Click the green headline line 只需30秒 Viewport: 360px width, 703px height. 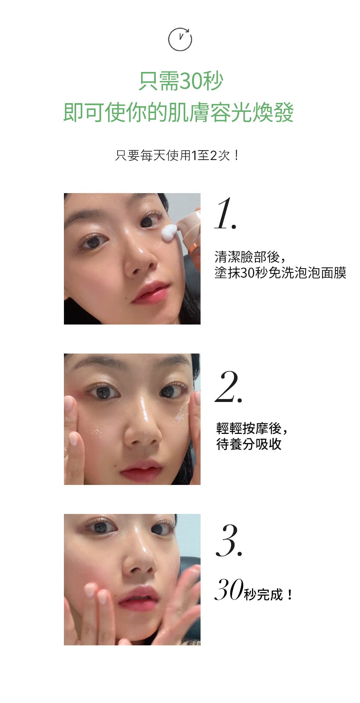click(x=181, y=81)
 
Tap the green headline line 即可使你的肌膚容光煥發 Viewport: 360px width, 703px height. click(x=179, y=112)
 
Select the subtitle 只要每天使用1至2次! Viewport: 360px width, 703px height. click(x=177, y=155)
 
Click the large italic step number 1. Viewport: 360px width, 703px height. click(x=225, y=214)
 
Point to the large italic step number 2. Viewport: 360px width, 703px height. click(x=228, y=387)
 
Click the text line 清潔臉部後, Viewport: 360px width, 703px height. click(x=250, y=257)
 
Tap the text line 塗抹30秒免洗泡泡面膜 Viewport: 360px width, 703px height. click(x=280, y=273)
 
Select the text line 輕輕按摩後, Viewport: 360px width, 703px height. click(x=252, y=428)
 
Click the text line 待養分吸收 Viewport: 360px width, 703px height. click(x=249, y=444)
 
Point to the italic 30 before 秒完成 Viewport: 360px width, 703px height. click(x=228, y=590)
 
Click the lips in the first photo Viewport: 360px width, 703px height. click(x=150, y=293)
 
